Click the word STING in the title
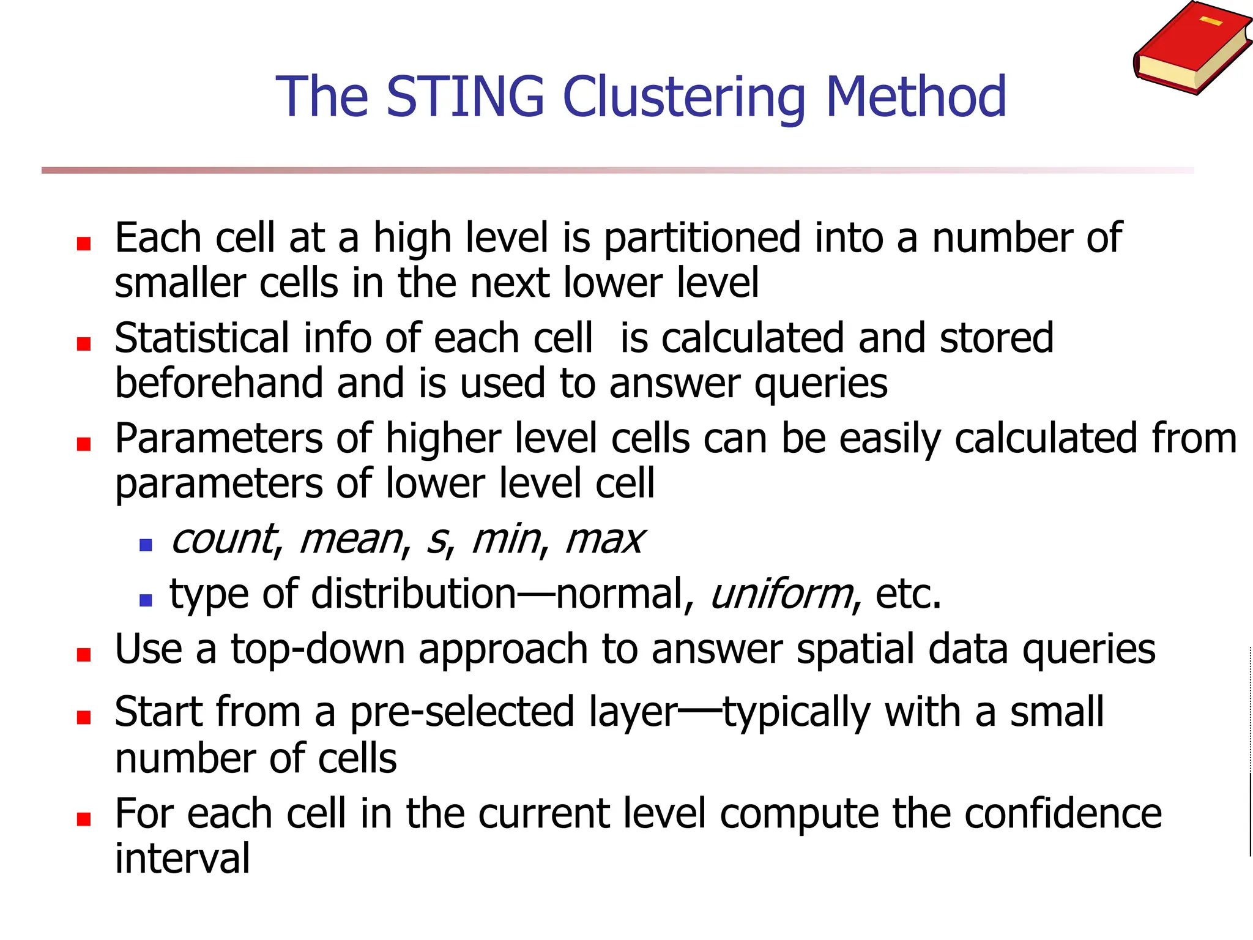(465, 97)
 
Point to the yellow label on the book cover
(1211, 22)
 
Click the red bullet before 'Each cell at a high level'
(84, 244)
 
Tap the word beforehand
(218, 383)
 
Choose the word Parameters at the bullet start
(218, 439)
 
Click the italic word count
(225, 540)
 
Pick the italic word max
(604, 540)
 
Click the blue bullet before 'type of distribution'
(146, 600)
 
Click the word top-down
(318, 649)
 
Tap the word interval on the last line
(182, 858)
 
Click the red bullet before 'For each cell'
(84, 819)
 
